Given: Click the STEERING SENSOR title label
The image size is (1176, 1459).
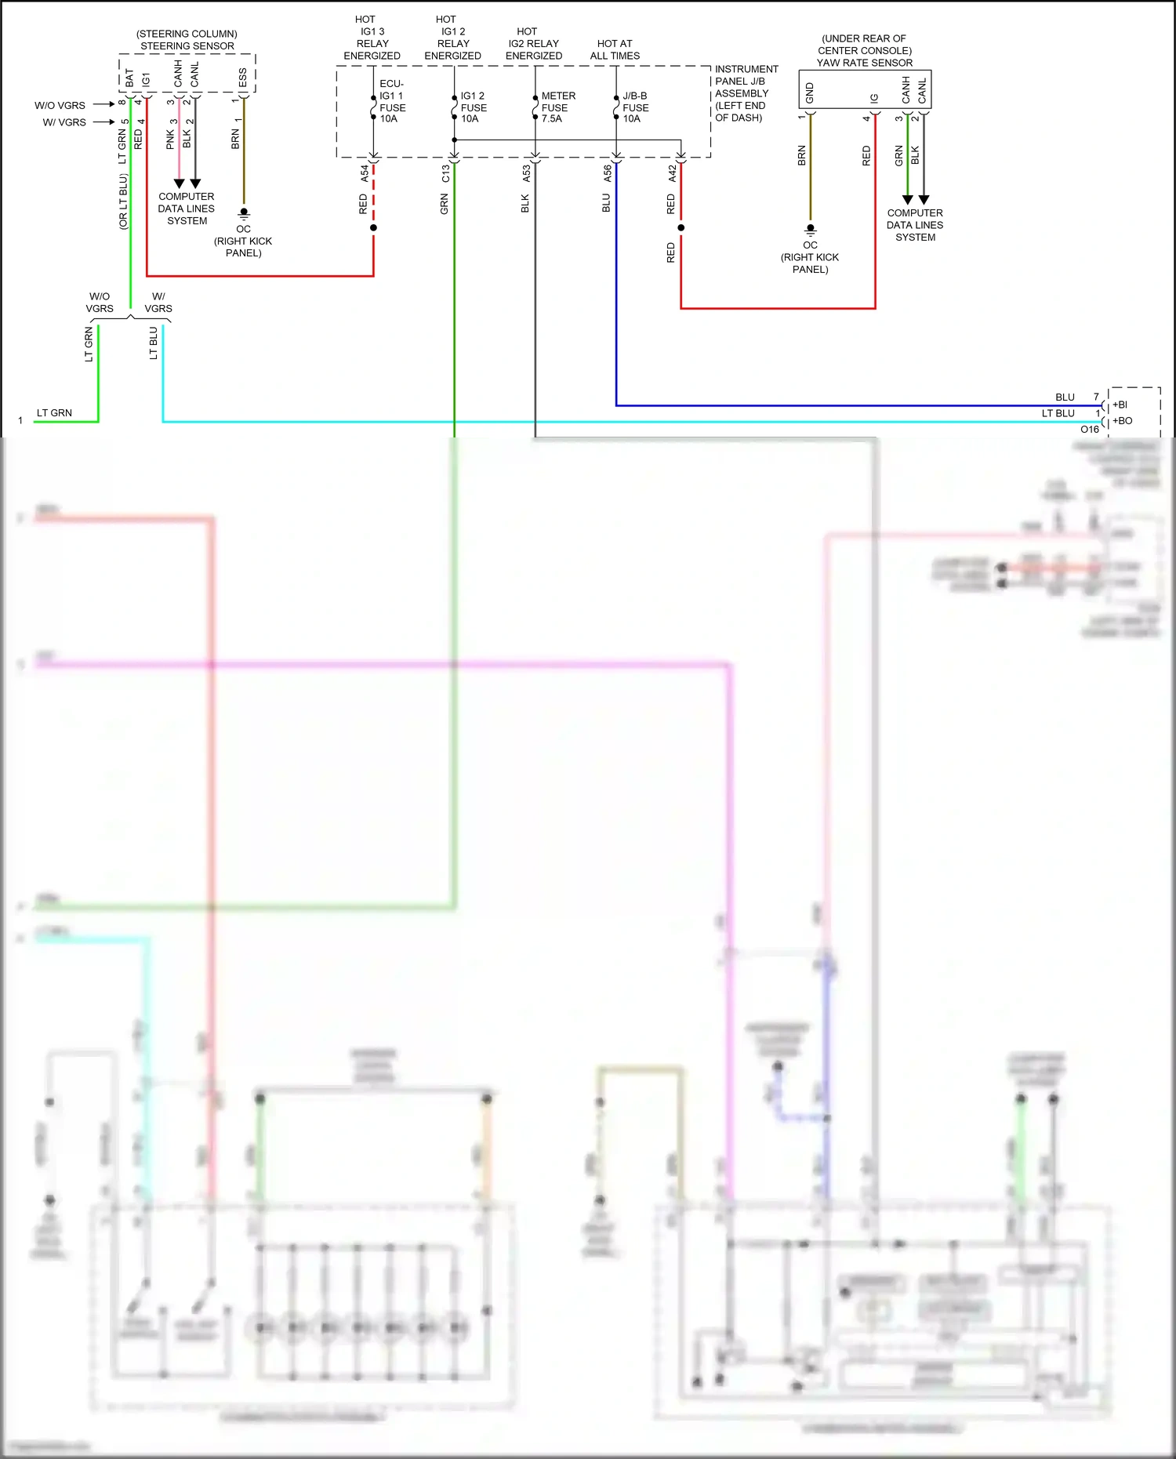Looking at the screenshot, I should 187,46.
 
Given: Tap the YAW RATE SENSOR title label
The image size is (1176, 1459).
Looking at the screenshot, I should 865,63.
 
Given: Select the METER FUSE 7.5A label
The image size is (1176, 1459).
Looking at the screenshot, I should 557,107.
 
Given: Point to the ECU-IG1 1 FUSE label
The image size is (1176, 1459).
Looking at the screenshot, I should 392,101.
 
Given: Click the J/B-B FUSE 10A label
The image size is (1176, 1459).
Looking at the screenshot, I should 635,107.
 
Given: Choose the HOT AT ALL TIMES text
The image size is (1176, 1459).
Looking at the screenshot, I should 615,49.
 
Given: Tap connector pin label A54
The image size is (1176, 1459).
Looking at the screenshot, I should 365,173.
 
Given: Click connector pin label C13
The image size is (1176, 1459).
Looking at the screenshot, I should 445,173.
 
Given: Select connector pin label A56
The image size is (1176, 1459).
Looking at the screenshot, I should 608,173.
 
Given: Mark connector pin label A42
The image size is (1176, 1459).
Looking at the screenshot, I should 673,173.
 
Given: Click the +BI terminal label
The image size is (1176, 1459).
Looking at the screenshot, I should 1120,405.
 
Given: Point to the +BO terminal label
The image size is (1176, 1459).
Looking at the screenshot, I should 1123,421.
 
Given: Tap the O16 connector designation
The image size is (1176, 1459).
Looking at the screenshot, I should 1089,430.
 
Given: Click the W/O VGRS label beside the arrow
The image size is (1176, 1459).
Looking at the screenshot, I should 60,105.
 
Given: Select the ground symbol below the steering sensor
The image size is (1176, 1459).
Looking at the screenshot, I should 244,213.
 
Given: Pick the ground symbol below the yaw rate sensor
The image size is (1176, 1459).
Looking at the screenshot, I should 811,230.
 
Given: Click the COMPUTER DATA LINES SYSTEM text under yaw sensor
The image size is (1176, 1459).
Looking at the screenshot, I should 915,225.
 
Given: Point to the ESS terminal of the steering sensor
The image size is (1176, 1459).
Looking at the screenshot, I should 243,78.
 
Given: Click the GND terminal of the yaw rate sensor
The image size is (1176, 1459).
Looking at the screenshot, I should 810,93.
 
